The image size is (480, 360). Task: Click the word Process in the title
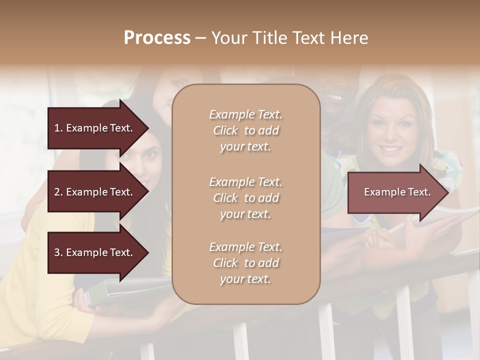click(157, 38)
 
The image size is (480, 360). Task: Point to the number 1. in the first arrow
click(58, 128)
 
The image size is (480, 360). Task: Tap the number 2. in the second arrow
click(58, 192)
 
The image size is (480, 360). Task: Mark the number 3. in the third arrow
click(58, 252)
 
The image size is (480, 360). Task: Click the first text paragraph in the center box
click(245, 130)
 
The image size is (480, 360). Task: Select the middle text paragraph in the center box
click(245, 197)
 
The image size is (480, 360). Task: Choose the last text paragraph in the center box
click(245, 263)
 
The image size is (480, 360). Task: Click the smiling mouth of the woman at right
click(391, 149)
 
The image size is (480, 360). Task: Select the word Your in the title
click(229, 38)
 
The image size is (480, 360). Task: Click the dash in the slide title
click(200, 38)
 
